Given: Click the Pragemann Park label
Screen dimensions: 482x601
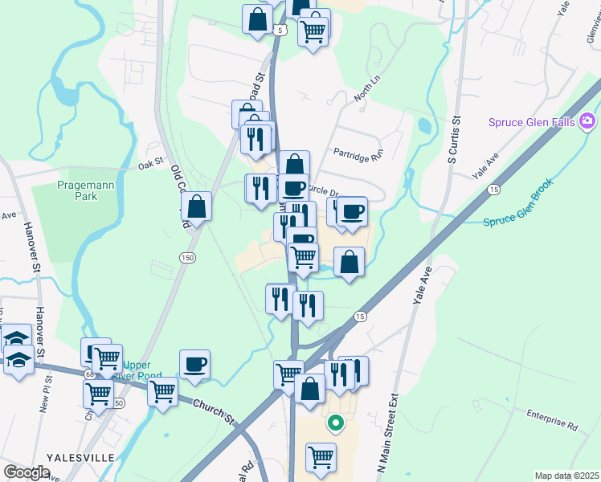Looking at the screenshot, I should (x=77, y=190).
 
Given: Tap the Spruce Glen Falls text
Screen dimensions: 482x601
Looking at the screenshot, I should (x=533, y=122).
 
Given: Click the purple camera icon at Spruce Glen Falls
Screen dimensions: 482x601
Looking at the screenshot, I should (x=588, y=121).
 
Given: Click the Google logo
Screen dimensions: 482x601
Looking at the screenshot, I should (x=27, y=472).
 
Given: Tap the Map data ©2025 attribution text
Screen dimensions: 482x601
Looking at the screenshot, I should (x=566, y=476).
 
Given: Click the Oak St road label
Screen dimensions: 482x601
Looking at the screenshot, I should (x=150, y=165).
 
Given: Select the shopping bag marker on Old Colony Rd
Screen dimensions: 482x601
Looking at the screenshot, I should (x=196, y=206).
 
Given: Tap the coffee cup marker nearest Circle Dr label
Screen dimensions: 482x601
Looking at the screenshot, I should (x=293, y=188).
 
